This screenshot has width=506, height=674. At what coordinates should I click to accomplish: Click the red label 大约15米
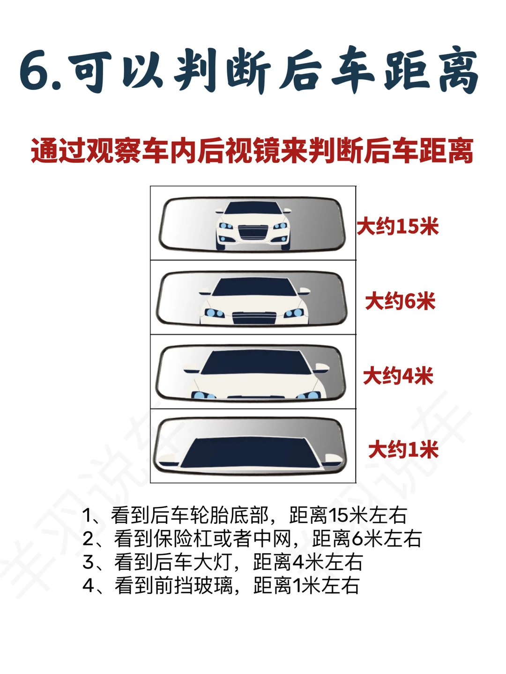(397, 227)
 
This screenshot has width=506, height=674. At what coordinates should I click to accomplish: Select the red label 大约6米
(400, 301)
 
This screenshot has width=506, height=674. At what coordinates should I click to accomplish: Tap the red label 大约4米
(398, 376)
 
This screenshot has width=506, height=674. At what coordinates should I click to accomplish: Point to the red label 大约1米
(403, 450)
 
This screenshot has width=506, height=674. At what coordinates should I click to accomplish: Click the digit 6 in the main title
(35, 72)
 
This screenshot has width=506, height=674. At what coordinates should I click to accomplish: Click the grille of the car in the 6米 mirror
(254, 318)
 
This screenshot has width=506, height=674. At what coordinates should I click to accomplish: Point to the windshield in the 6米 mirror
(255, 287)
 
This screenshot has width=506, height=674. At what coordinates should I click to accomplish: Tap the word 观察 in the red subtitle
(113, 151)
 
